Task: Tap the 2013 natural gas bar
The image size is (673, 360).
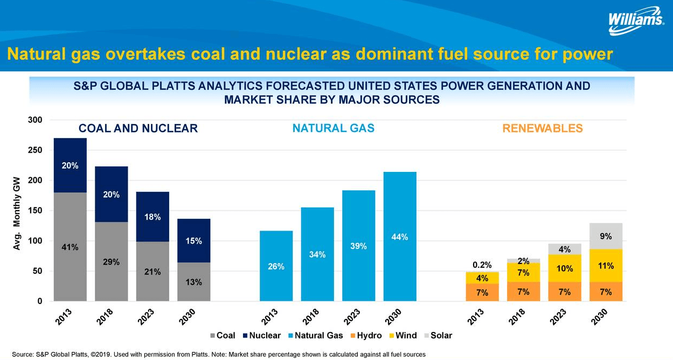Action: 276,266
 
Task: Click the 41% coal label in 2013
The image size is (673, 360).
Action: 70,247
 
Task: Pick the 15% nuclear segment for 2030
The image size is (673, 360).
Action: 193,240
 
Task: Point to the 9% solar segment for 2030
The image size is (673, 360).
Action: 605,236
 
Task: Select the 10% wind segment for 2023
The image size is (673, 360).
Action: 564,268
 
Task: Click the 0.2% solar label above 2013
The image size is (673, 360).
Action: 482,265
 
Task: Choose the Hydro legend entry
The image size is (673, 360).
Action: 365,335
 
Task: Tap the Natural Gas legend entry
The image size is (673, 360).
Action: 315,335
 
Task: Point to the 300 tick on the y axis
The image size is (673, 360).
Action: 35,120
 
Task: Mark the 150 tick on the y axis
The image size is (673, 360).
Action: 35,211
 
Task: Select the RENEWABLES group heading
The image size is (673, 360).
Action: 542,128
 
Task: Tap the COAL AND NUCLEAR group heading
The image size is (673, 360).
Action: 138,128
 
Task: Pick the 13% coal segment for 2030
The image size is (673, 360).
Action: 193,282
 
